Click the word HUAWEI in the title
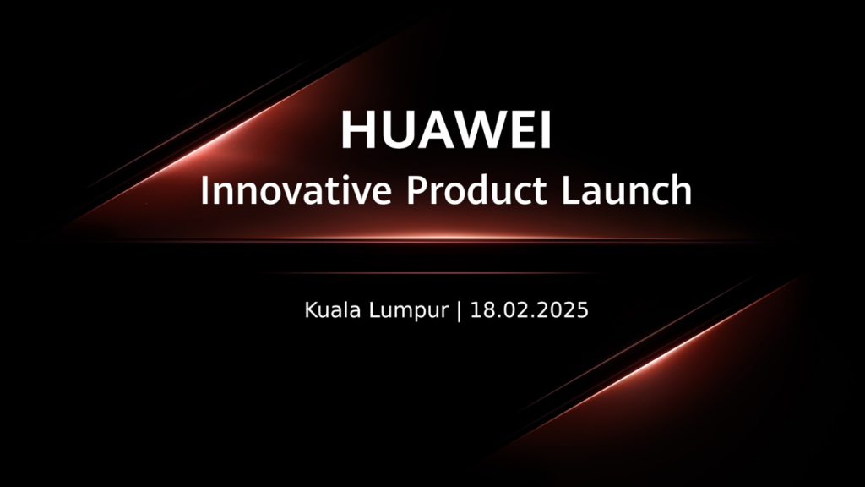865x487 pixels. [x=446, y=129]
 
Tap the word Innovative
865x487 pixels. [x=296, y=190]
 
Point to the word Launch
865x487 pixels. [x=627, y=190]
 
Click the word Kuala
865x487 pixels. [x=334, y=309]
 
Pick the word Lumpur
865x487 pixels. [x=409, y=311]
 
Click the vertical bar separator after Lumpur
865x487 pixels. [x=459, y=311]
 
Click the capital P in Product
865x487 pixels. [x=417, y=189]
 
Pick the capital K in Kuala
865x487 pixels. [x=312, y=309]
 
